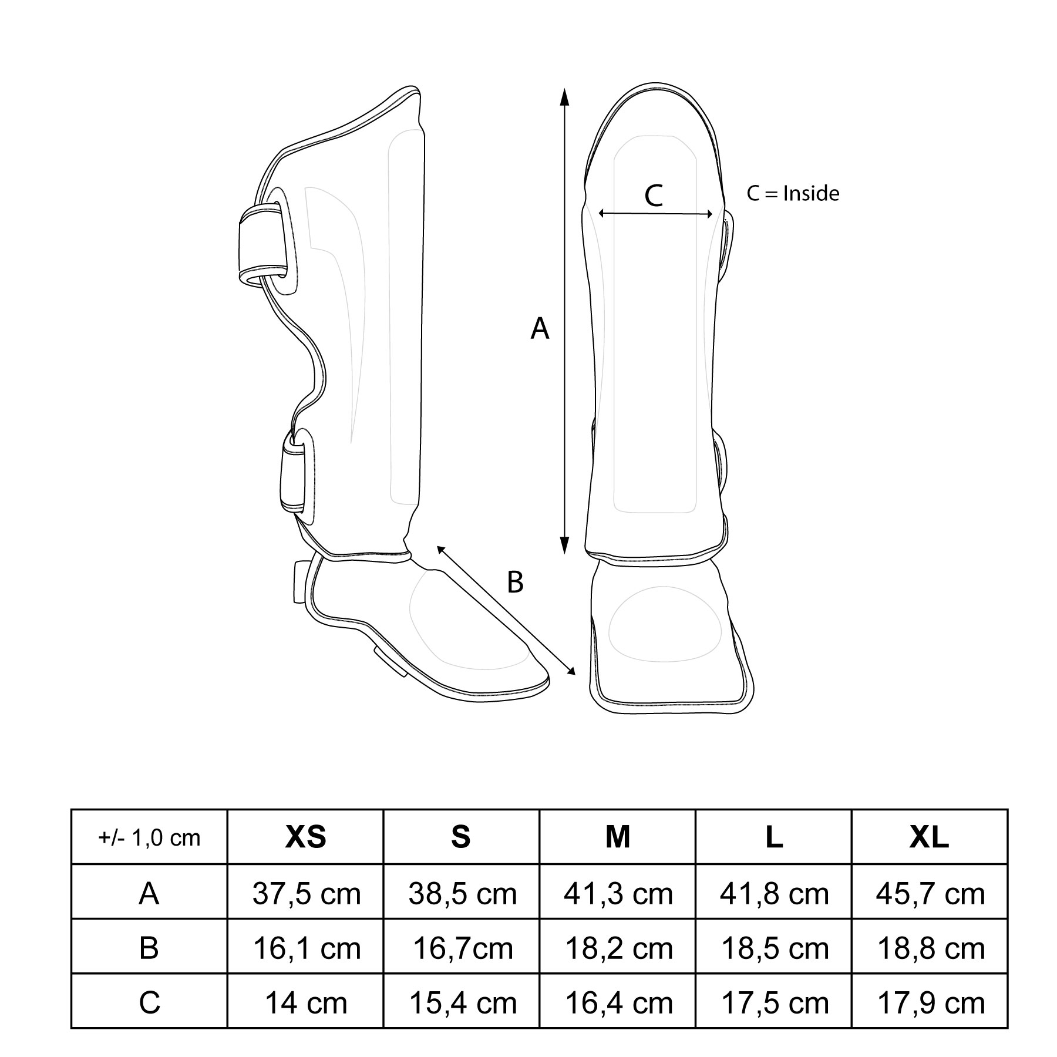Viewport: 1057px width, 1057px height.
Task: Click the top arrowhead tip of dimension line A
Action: [x=564, y=89]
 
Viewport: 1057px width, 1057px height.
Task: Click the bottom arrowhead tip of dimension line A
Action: [x=564, y=554]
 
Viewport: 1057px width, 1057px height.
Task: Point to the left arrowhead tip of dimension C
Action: [x=598, y=214]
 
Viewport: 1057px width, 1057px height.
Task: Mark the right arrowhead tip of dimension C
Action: [x=712, y=214]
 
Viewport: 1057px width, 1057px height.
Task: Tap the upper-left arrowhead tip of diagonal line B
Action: [x=436, y=546]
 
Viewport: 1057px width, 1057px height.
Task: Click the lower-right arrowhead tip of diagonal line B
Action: [x=575, y=675]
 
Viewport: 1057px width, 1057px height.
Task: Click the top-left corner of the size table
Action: [x=71, y=810]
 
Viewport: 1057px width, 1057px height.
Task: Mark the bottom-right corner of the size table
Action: [x=1008, y=1028]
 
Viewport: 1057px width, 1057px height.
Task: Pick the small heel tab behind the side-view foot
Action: [x=300, y=582]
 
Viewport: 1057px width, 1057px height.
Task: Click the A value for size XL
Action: [x=930, y=893]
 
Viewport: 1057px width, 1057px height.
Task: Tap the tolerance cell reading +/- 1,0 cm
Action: [x=150, y=837]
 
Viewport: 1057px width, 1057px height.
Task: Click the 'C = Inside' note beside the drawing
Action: [x=793, y=193]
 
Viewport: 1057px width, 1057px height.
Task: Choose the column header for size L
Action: [x=774, y=837]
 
